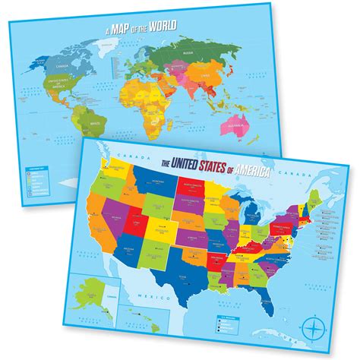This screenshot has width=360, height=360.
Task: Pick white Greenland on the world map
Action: coord(118,33)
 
